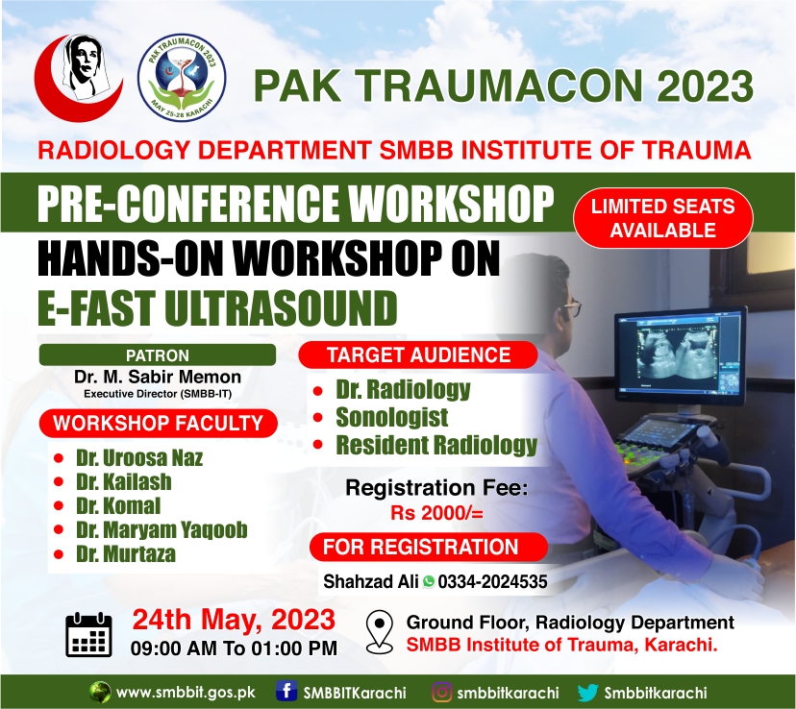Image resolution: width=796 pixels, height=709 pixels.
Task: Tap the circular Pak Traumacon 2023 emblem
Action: click(182, 79)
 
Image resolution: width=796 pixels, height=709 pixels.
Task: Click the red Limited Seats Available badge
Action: click(663, 219)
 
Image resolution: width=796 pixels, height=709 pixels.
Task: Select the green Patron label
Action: click(158, 355)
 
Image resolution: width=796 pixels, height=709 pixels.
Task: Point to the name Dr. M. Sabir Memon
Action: click(158, 377)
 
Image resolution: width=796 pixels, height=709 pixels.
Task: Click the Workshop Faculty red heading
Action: click(158, 423)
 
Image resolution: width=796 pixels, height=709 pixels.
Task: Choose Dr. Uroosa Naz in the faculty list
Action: click(139, 458)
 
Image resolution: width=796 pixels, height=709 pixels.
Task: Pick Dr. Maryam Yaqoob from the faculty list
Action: click(162, 530)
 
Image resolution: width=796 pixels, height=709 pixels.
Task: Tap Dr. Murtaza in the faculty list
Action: click(126, 553)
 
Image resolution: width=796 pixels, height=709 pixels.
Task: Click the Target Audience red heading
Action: click(418, 355)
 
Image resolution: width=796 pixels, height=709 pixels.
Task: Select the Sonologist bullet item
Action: click(392, 417)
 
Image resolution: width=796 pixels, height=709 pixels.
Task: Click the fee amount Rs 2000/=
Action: click(436, 513)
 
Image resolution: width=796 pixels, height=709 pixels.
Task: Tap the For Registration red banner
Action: click(429, 548)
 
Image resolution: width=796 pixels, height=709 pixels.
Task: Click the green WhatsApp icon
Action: click(429, 581)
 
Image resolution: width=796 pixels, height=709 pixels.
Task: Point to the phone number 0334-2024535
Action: click(492, 581)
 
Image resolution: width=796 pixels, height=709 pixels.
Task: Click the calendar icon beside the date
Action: click(88, 634)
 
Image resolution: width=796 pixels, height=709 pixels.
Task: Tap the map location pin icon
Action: click(380, 632)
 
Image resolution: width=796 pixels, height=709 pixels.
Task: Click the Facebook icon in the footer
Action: click(286, 692)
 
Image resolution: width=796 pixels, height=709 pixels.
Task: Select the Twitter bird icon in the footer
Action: click(587, 693)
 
